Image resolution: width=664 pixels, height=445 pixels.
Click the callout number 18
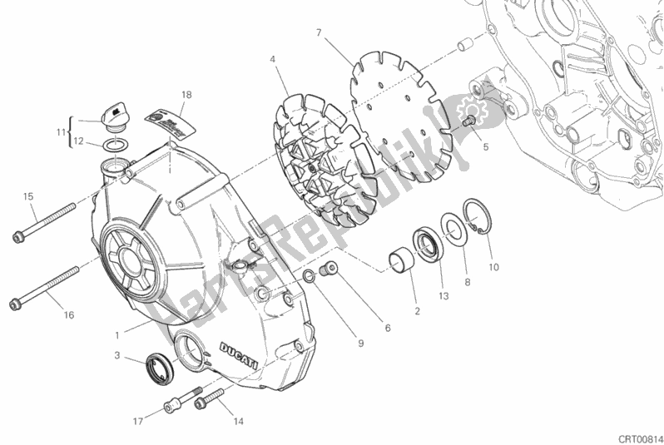(x=187, y=96)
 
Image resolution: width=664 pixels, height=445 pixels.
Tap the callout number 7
(x=319, y=33)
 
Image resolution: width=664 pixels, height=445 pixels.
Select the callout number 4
(x=272, y=59)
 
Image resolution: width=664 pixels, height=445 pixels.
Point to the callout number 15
(x=28, y=196)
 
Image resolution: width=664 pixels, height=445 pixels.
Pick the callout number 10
(x=493, y=267)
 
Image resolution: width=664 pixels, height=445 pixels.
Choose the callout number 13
(x=443, y=296)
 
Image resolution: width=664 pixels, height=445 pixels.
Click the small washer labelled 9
(x=309, y=275)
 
